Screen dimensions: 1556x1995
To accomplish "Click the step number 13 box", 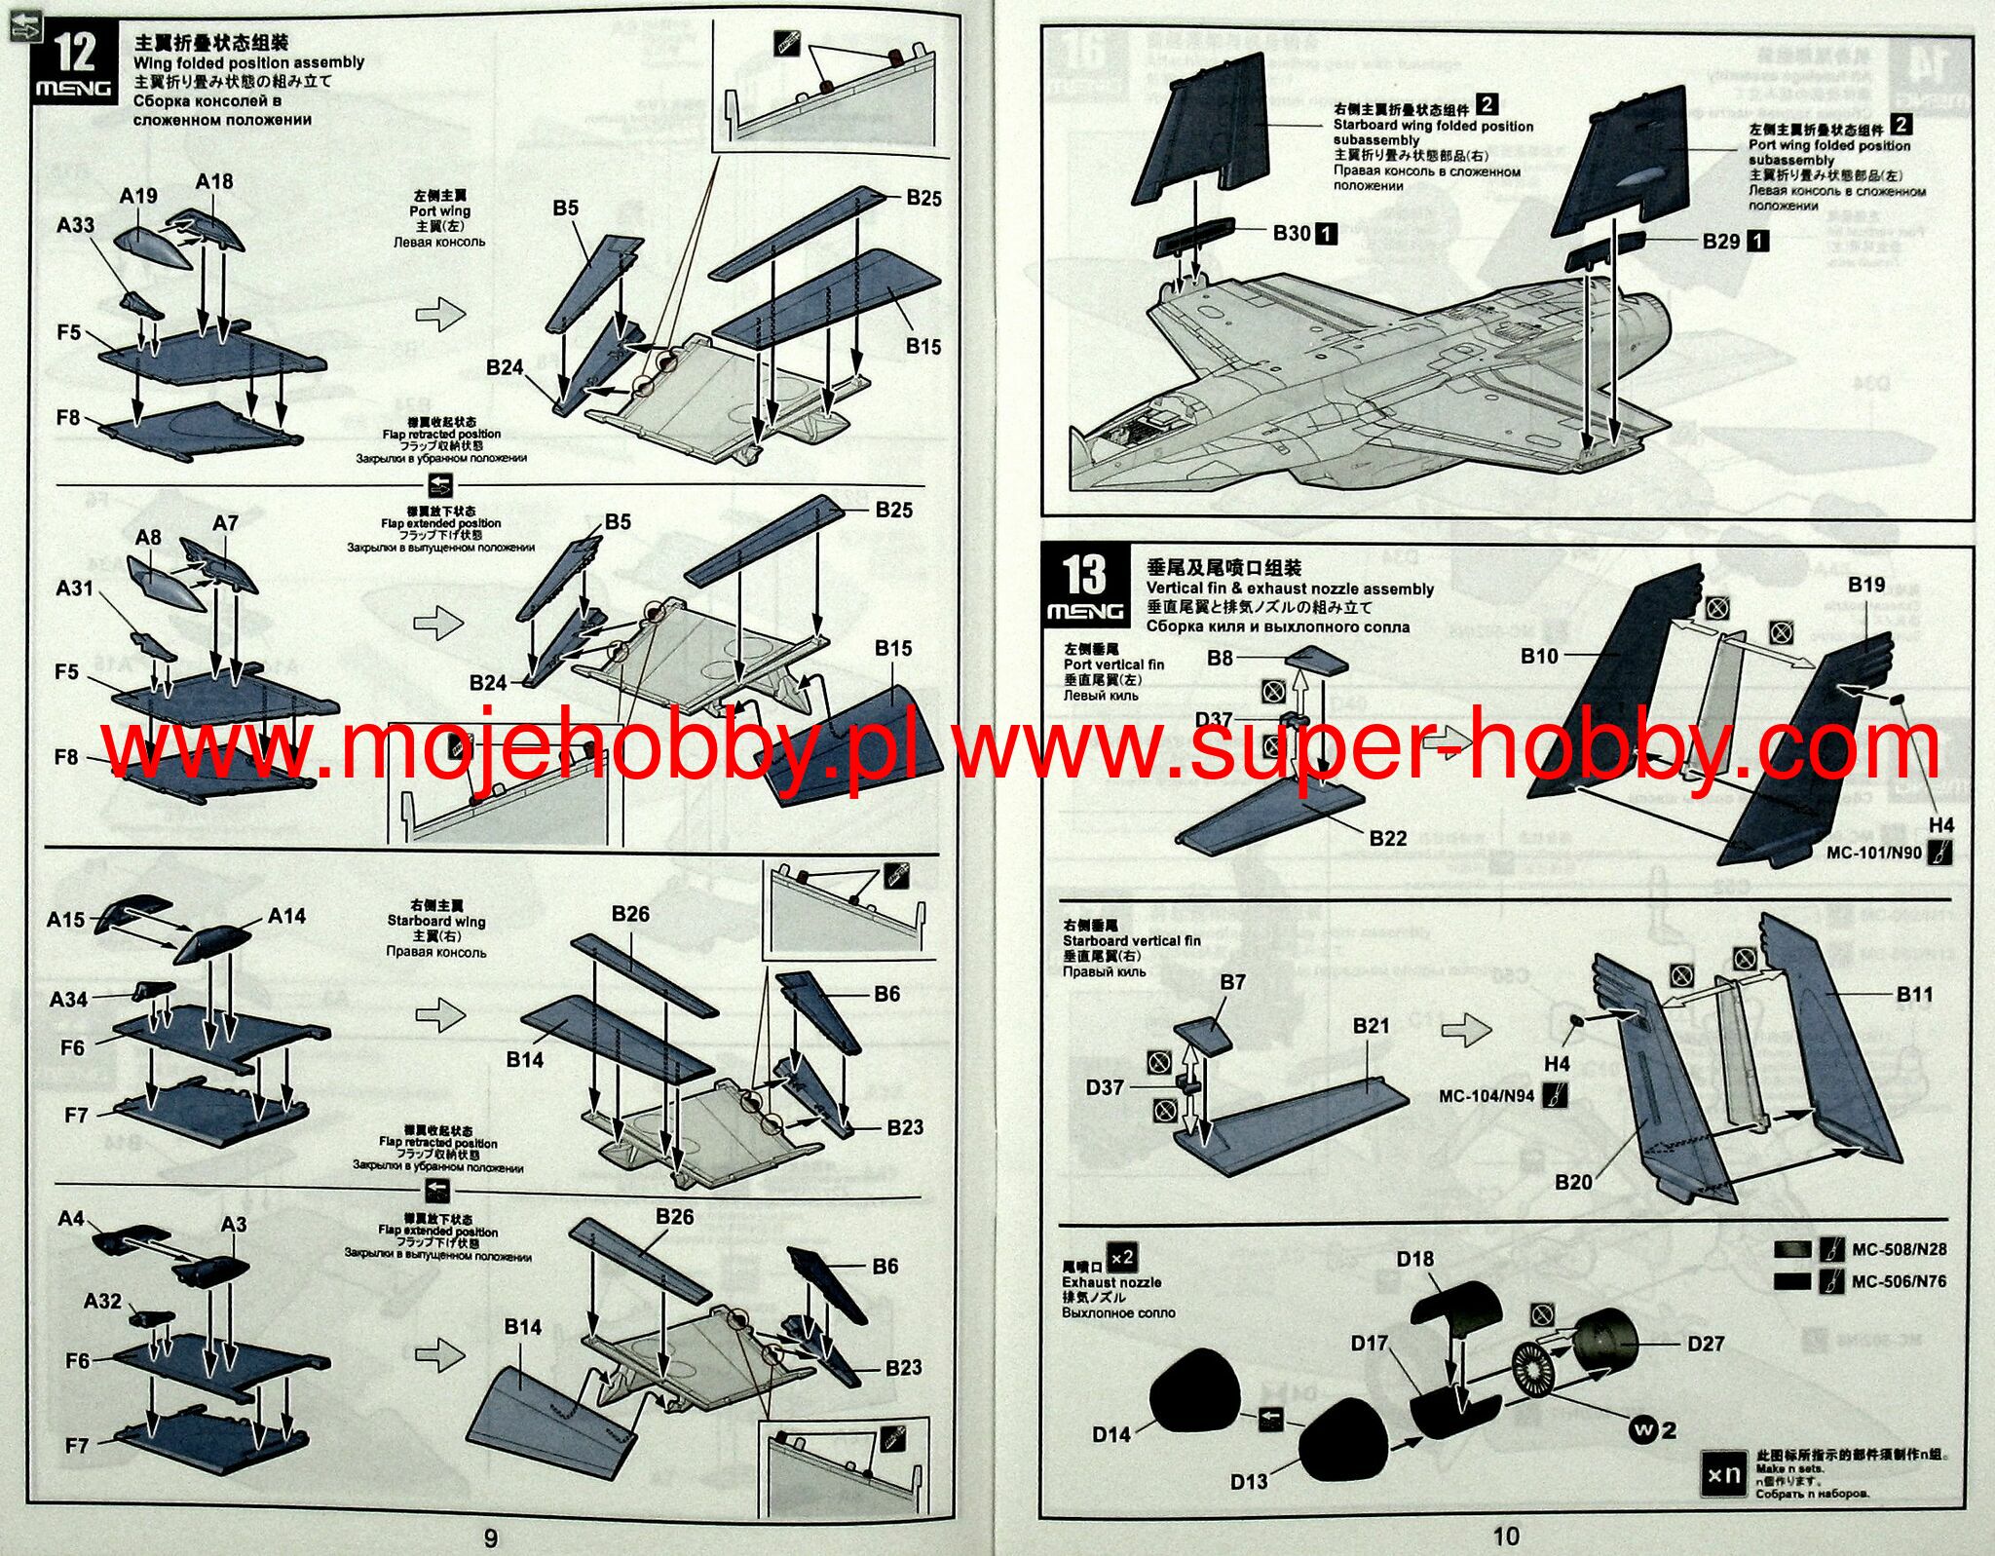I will pyautogui.click(x=1085, y=586).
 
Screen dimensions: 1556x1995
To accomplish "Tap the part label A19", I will pyautogui.click(x=138, y=196).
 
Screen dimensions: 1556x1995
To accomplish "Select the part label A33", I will pyautogui.click(x=75, y=225).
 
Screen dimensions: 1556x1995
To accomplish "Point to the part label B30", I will pyautogui.click(x=1292, y=233).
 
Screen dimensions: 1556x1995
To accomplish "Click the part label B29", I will pyautogui.click(x=1721, y=241).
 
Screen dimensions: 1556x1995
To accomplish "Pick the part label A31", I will pyautogui.click(x=74, y=588).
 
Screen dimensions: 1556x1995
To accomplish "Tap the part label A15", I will pyautogui.click(x=65, y=919).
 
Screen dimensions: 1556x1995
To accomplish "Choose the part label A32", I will pyautogui.click(x=102, y=1301).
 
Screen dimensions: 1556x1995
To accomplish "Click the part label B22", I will pyautogui.click(x=1387, y=838).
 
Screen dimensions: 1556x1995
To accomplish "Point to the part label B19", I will pyautogui.click(x=1866, y=585).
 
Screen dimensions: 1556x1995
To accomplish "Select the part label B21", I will pyautogui.click(x=1371, y=1025).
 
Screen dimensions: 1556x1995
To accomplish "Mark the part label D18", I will pyautogui.click(x=1414, y=1259).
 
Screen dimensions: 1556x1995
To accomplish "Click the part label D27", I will pyautogui.click(x=1706, y=1344).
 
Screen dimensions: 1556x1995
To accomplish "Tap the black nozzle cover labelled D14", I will pyautogui.click(x=1194, y=1393).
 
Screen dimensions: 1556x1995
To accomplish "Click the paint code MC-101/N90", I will pyautogui.click(x=1873, y=853).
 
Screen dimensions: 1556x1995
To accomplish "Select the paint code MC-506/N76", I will pyautogui.click(x=1899, y=1281).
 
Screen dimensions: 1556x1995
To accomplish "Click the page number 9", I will pyautogui.click(x=491, y=1537).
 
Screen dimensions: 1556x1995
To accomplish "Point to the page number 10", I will pyautogui.click(x=1506, y=1537).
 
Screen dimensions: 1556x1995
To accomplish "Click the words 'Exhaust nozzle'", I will pyautogui.click(x=1111, y=1282).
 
